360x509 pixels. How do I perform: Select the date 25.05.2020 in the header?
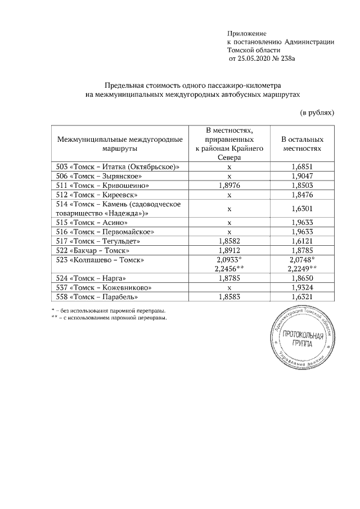[256, 58]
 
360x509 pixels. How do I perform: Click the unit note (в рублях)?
[317, 112]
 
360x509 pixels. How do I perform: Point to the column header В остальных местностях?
[303, 143]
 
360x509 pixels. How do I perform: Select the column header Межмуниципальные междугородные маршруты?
[120, 143]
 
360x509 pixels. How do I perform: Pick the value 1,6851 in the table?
[303, 167]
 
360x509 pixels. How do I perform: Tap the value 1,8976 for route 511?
[229, 185]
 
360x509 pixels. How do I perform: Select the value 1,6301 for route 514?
[303, 209]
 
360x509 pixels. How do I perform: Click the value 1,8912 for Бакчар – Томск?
[229, 250]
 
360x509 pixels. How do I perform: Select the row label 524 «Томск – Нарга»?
[91, 278]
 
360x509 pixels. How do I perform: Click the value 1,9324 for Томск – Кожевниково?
[303, 287]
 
